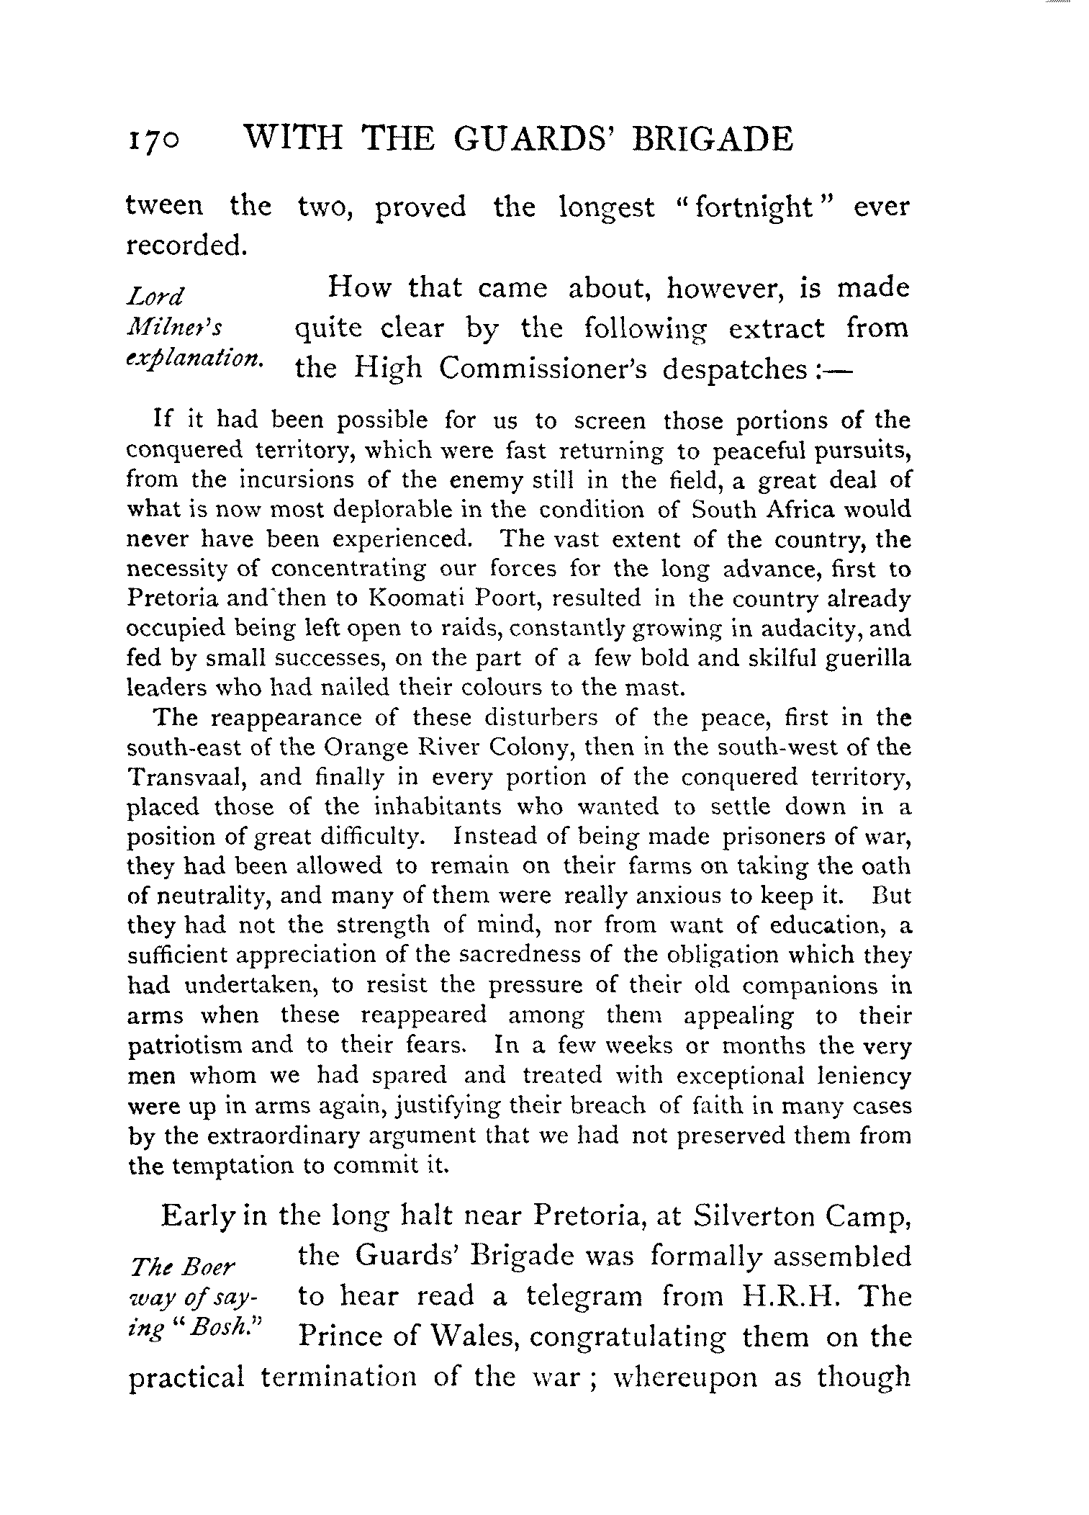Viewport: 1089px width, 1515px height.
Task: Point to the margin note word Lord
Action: (x=155, y=296)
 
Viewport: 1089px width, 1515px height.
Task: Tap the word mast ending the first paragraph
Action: (x=656, y=688)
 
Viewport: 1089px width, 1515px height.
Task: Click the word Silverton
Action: (x=756, y=1217)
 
